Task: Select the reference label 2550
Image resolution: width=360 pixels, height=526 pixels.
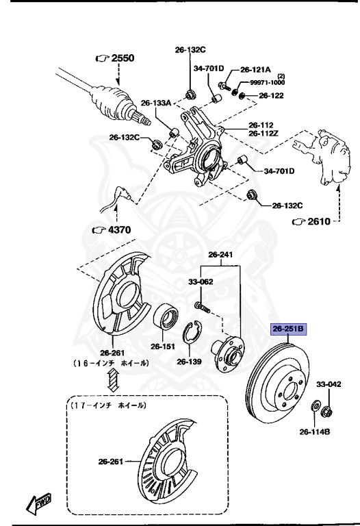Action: [x=114, y=58]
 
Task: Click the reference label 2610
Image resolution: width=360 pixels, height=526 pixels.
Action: [x=316, y=221]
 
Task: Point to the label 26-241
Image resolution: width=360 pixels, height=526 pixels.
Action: [x=220, y=255]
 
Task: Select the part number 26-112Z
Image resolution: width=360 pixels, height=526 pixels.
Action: [x=263, y=133]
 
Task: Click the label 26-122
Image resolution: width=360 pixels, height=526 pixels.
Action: [x=270, y=95]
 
